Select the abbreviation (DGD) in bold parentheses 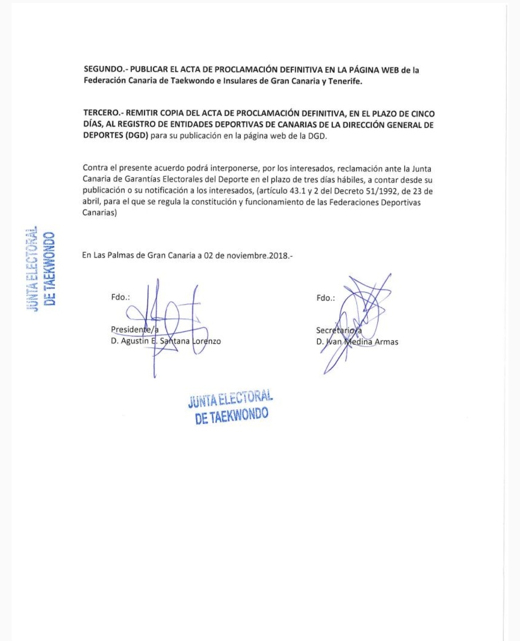click(136, 136)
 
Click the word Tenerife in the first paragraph click(345, 81)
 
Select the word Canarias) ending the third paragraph click(100, 212)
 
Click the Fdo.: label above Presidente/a click(120, 297)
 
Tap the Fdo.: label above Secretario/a click(325, 298)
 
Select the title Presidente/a click(134, 330)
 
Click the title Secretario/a click(338, 330)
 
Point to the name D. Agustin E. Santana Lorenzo click(166, 341)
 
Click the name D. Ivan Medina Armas click(357, 342)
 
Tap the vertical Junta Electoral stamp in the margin click(40, 269)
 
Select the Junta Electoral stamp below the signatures click(231, 407)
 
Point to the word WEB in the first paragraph click(390, 70)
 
